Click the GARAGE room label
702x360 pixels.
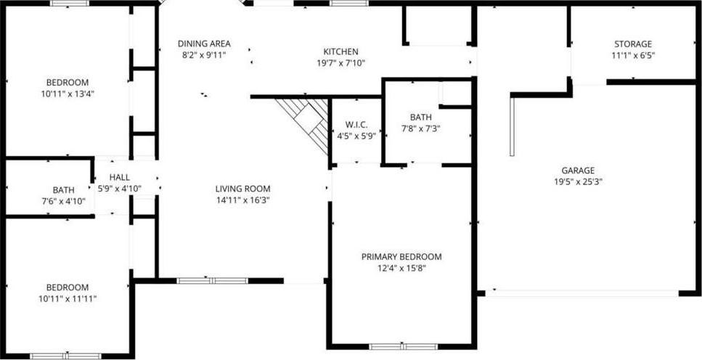click(578, 171)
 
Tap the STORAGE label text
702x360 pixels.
click(632, 44)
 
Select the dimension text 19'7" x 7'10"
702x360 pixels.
click(341, 63)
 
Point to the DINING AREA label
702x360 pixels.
click(204, 44)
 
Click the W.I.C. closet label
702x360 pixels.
click(356, 125)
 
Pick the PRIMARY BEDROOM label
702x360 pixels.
click(401, 257)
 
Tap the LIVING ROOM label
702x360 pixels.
click(242, 189)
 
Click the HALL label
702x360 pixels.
click(120, 178)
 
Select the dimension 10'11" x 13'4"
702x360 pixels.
click(68, 94)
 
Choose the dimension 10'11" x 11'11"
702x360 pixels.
click(68, 298)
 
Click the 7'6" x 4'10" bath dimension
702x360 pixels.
click(64, 202)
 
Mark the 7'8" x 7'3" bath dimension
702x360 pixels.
click(421, 129)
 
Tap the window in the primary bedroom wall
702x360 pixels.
click(404, 346)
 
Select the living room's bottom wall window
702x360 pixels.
click(212, 281)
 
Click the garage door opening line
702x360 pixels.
click(582, 293)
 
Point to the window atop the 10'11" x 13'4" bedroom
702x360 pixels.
click(70, 3)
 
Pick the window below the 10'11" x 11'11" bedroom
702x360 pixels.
click(66, 356)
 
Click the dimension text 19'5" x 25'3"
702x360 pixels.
click(578, 182)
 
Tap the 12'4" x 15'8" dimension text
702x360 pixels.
click(401, 269)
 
